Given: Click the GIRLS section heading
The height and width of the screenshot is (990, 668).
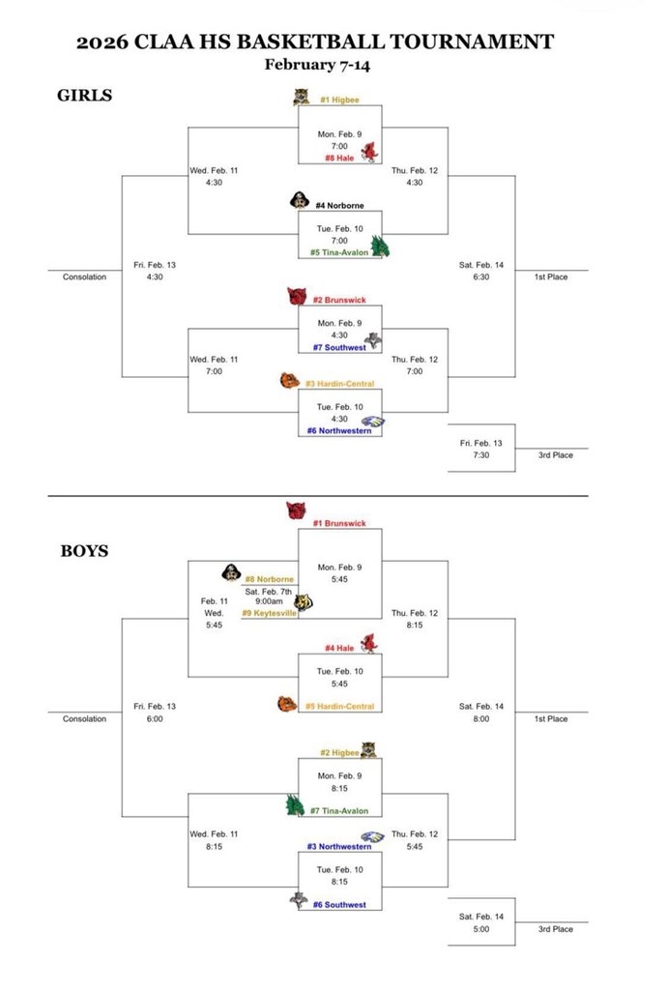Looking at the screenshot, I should (86, 95).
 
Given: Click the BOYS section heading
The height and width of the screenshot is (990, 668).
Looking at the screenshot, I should (84, 551).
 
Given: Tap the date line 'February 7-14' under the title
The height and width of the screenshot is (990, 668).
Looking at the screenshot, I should (317, 65).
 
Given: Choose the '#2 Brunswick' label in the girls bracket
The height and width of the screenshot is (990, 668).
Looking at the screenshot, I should (339, 300).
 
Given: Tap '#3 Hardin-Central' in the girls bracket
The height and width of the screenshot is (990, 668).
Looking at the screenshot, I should (339, 384).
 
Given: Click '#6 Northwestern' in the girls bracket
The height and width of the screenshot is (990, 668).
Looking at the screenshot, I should (338, 430).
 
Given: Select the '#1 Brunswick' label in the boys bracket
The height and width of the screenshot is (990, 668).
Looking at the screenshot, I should (339, 523).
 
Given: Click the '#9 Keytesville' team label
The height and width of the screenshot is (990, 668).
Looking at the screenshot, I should (269, 613).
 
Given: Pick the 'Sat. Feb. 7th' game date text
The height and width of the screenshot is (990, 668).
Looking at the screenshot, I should (268, 591).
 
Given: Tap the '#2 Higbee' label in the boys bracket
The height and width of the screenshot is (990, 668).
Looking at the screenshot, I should (339, 752).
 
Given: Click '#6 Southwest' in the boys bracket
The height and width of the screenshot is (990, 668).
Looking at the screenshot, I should (338, 905).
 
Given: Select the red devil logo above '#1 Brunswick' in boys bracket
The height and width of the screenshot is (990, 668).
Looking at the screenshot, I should (296, 510).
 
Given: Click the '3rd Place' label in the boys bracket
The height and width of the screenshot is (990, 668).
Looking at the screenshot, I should (556, 929).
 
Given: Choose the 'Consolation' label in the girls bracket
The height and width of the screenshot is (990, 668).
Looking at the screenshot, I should (84, 277).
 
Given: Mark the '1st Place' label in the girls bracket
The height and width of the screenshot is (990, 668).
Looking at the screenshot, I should (551, 277).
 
